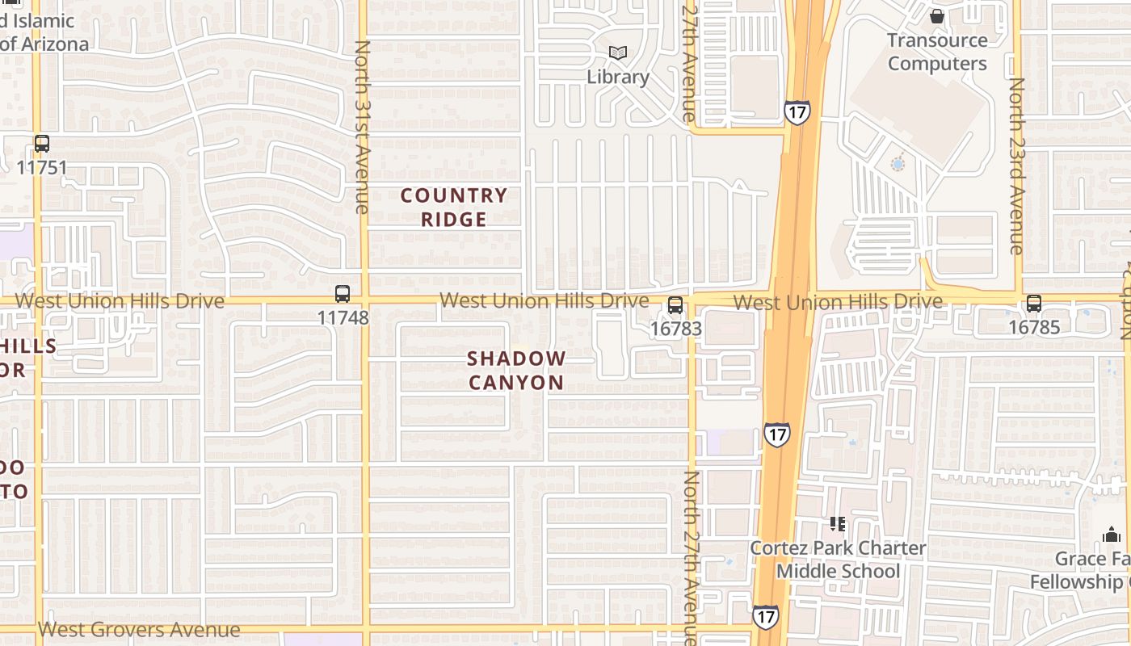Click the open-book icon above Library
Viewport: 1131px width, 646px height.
tap(618, 53)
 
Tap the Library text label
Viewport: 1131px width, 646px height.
tap(618, 78)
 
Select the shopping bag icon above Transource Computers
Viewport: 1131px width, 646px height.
tap(937, 16)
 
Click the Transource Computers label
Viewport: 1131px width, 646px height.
tap(937, 52)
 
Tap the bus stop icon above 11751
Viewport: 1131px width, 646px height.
tap(42, 145)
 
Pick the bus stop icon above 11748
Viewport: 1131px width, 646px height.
tap(343, 294)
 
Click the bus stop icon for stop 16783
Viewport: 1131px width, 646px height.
tap(675, 305)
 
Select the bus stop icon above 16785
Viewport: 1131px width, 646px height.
tap(1034, 304)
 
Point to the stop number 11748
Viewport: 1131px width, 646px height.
tap(343, 317)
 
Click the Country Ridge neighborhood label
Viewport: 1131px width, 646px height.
tap(454, 208)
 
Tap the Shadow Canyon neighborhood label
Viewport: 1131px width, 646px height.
tap(517, 371)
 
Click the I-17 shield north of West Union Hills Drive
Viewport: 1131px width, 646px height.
tap(797, 112)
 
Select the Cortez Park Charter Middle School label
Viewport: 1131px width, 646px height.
tap(839, 560)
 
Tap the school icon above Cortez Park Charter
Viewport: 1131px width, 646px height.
tap(839, 524)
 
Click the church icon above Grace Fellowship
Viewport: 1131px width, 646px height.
tap(1112, 535)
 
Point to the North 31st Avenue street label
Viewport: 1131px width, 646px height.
tap(361, 128)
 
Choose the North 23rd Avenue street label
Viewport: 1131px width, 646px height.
tap(1016, 166)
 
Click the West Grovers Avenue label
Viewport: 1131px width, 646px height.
tap(139, 630)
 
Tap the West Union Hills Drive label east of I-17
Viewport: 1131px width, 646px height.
tap(838, 302)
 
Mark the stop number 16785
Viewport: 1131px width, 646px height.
tap(1034, 328)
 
